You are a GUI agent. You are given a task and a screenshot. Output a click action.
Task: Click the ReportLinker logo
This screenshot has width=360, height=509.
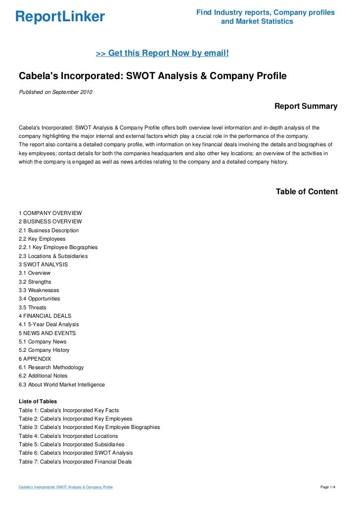click(x=60, y=17)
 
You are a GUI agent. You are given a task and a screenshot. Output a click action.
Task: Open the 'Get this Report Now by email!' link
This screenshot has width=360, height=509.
click(x=162, y=53)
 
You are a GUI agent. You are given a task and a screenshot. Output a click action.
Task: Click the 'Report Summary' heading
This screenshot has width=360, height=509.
click(x=306, y=106)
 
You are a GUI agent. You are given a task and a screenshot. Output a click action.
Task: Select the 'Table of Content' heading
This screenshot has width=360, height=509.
click(x=307, y=192)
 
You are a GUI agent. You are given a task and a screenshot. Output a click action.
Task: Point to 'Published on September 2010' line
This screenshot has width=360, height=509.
click(x=55, y=92)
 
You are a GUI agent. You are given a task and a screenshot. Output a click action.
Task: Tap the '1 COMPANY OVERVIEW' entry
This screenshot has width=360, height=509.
click(x=50, y=213)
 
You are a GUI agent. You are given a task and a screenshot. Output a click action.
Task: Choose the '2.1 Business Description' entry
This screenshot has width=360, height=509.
click(x=48, y=230)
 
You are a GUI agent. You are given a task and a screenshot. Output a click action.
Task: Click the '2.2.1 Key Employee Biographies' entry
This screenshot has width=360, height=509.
click(x=58, y=247)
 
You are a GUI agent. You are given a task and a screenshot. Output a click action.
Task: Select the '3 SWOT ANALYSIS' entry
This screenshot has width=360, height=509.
click(x=44, y=264)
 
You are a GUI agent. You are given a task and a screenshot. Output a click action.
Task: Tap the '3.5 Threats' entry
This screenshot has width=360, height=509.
click(x=33, y=307)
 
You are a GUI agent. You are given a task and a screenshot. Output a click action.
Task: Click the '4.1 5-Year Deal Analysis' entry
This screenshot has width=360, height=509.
click(x=48, y=324)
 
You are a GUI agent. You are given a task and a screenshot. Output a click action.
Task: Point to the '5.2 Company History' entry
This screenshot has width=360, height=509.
click(x=44, y=350)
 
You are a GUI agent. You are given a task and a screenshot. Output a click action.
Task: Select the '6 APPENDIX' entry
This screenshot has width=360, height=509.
click(x=35, y=359)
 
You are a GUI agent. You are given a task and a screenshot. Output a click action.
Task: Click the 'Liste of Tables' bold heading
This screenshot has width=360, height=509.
click(x=38, y=402)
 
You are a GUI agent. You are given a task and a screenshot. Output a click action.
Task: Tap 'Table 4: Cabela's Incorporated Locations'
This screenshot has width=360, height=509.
click(x=68, y=436)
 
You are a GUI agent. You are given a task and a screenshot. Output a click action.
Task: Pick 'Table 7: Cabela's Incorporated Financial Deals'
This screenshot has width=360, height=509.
click(x=75, y=462)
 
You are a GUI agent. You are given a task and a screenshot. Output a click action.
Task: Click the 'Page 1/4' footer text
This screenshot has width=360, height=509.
click(x=328, y=488)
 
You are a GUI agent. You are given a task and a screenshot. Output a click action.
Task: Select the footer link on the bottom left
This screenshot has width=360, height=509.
click(x=66, y=488)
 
